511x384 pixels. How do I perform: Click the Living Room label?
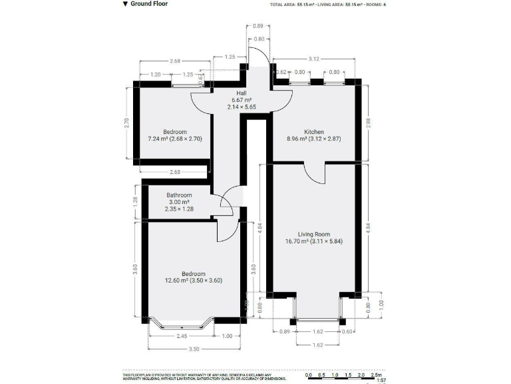point(314,234)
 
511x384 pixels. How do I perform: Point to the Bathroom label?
point(178,195)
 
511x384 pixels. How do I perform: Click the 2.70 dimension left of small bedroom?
point(126,123)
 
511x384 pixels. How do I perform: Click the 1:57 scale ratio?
point(381,381)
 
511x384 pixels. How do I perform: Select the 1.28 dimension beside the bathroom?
point(134,199)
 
